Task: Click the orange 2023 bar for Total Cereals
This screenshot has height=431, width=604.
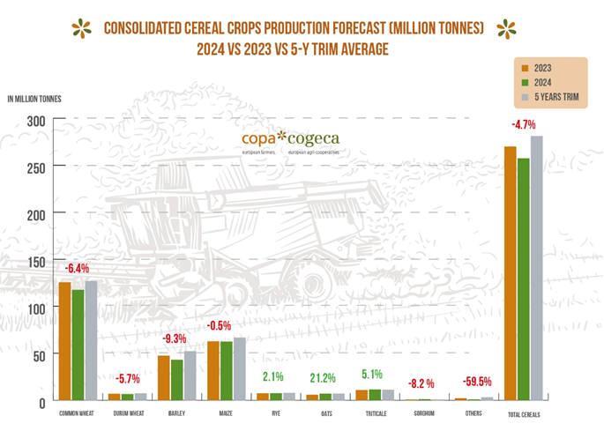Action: pyautogui.click(x=510, y=273)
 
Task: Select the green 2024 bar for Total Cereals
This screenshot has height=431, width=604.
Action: pyautogui.click(x=523, y=279)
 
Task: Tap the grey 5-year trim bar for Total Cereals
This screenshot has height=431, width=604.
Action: pyautogui.click(x=536, y=268)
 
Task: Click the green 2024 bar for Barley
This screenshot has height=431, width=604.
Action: pyautogui.click(x=176, y=380)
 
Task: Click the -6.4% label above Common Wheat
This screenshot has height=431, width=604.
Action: pyautogui.click(x=77, y=267)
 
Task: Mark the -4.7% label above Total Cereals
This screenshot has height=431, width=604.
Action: pyautogui.click(x=522, y=122)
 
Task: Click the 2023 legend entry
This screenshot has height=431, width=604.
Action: pyautogui.click(x=543, y=67)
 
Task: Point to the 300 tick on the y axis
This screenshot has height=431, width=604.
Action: pyautogui.click(x=36, y=121)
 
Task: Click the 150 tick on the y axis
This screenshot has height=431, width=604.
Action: pyautogui.click(x=36, y=261)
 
